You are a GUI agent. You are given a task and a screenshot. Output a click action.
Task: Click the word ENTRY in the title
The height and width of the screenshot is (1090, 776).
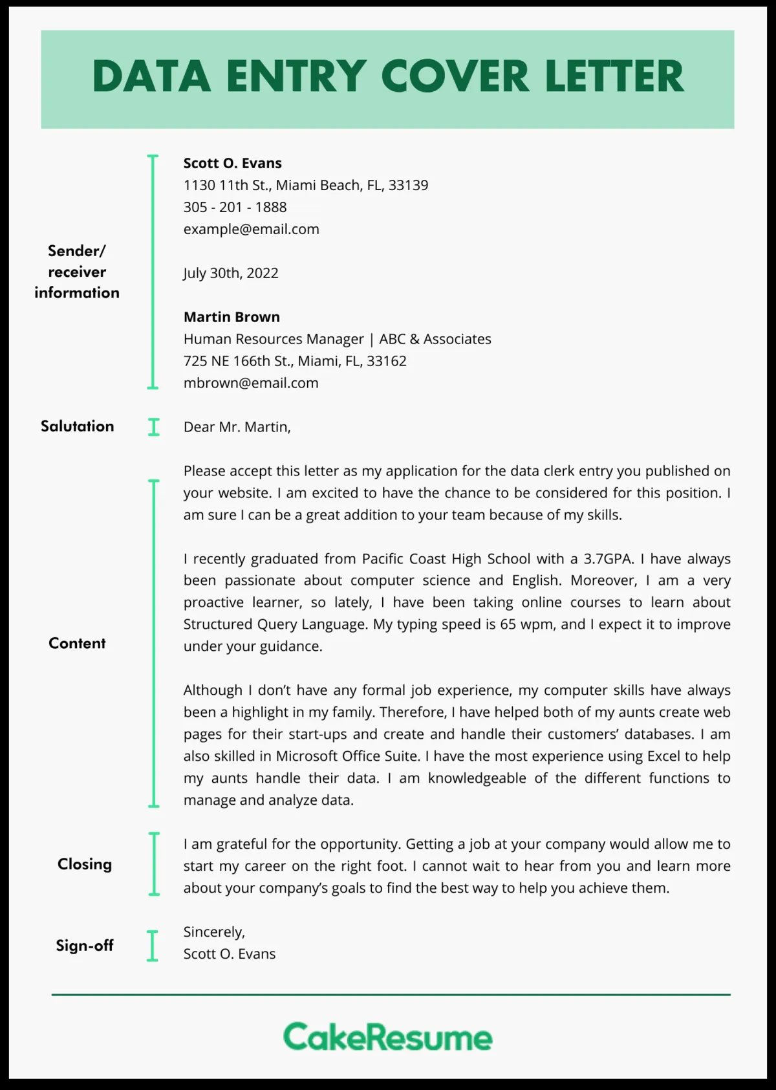[x=297, y=77]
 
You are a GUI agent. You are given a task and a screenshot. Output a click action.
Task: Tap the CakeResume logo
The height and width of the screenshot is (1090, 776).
[x=387, y=1037]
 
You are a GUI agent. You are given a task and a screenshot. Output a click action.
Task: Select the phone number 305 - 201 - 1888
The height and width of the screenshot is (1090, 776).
[x=235, y=207]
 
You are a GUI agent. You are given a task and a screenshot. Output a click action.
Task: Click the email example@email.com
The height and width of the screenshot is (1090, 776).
[x=251, y=229]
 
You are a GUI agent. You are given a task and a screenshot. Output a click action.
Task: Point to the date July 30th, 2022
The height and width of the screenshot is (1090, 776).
[x=231, y=273]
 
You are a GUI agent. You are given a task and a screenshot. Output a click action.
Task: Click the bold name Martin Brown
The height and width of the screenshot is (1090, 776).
[x=232, y=317]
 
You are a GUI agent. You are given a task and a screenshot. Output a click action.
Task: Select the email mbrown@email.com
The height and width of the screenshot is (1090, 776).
[x=251, y=383]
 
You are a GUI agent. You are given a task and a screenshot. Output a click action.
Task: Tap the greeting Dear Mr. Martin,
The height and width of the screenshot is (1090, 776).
[x=237, y=427]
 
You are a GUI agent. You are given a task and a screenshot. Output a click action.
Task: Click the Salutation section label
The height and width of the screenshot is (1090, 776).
[x=77, y=426]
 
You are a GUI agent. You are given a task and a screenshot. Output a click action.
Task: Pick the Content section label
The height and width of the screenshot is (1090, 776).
[x=77, y=643]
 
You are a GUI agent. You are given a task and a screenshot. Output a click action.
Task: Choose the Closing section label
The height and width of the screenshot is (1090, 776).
[x=84, y=864]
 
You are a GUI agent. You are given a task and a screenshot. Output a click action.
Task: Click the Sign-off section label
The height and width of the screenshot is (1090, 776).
[x=84, y=946]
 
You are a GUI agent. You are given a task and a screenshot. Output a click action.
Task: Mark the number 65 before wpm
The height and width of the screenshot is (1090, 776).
[x=508, y=625]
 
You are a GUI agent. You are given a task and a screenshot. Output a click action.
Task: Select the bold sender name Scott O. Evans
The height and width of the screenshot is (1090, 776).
[x=232, y=163]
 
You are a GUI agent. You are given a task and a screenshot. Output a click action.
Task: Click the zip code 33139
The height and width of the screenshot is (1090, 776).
[x=408, y=186]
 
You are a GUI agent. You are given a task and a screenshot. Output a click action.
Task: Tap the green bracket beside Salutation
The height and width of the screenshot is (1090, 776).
[x=153, y=427]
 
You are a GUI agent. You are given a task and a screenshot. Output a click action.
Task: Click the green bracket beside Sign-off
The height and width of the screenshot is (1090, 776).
[x=153, y=946]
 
